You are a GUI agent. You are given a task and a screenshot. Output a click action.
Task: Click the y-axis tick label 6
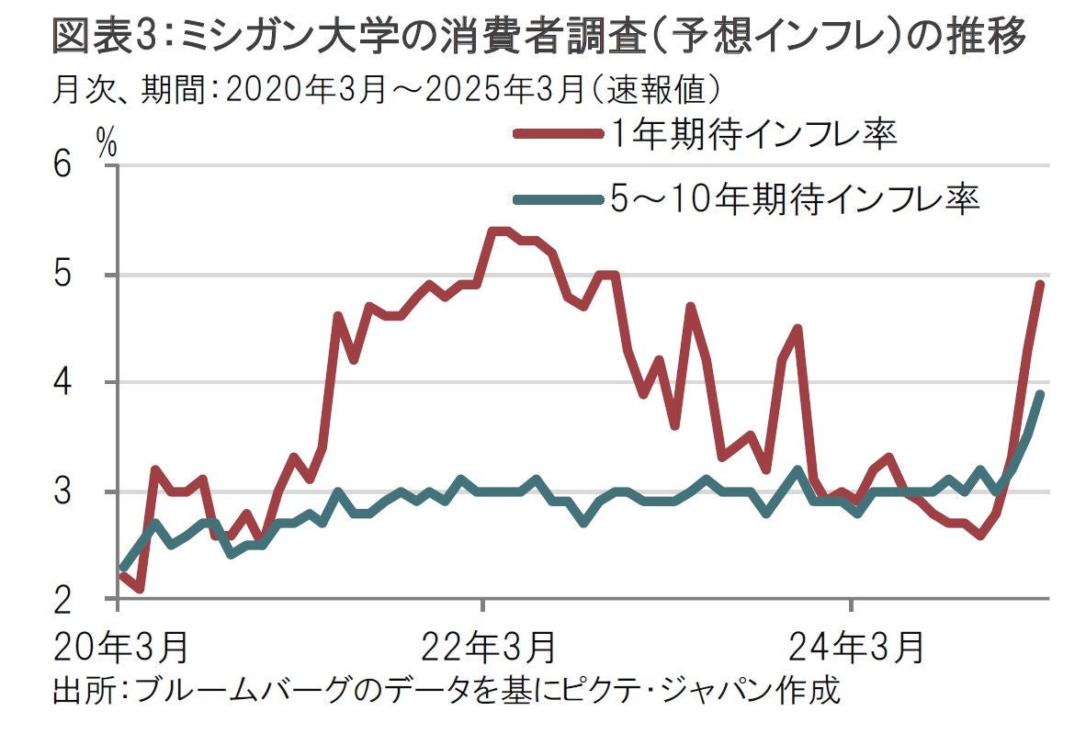[62, 166]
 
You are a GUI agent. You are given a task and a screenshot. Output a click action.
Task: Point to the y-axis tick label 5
[62, 275]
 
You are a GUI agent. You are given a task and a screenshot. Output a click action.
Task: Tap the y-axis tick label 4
[62, 383]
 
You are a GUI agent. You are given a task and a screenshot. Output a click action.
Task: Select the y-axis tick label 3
[62, 491]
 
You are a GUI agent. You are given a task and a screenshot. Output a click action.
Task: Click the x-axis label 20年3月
[121, 647]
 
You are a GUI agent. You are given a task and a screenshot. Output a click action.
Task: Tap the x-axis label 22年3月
[488, 647]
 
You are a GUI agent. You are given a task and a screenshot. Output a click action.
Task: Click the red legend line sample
[552, 134]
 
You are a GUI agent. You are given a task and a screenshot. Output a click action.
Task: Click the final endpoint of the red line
[1040, 285]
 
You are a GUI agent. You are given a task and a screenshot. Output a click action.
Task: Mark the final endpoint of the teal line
[1040, 394]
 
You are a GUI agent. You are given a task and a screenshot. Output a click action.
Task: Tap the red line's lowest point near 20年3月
[138, 588]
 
